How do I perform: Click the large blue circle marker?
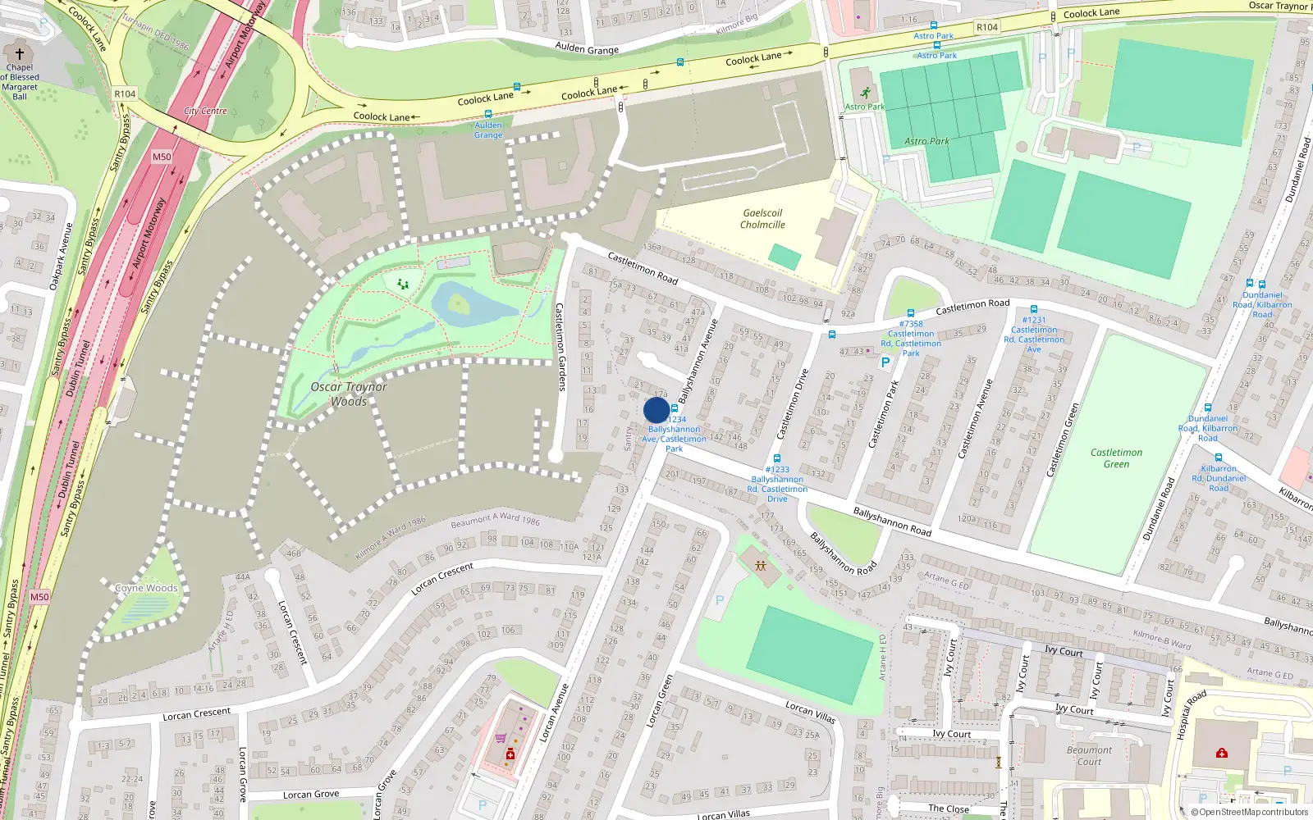656,410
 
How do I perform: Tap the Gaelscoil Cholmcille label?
762,219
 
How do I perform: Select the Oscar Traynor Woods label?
349,394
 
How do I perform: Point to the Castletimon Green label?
1116,458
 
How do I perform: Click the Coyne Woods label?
146,588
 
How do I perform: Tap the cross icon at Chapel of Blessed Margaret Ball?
20,54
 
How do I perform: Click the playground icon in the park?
403,284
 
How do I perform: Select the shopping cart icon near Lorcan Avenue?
501,738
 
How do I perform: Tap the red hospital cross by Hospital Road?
1222,752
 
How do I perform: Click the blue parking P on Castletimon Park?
885,362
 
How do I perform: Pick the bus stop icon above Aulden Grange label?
488,114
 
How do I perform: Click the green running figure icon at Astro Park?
865,92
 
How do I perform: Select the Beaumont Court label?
1089,755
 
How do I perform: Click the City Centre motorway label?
205,111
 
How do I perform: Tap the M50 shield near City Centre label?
162,157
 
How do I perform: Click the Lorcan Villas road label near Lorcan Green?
810,712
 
